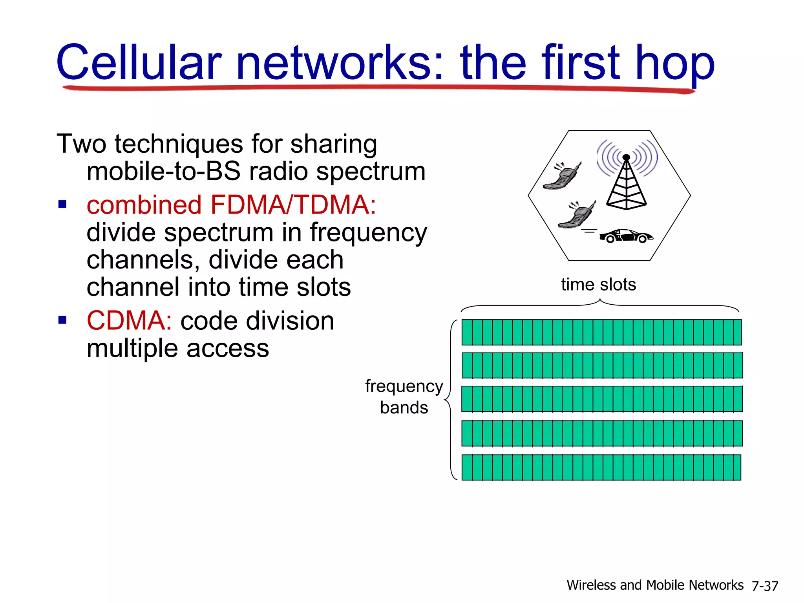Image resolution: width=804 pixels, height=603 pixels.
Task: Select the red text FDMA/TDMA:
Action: click(x=293, y=205)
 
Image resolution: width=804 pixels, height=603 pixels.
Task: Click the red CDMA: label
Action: click(x=129, y=321)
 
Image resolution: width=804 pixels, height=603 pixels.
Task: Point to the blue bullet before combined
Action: click(x=62, y=205)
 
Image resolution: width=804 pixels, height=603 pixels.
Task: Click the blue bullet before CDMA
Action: click(x=62, y=320)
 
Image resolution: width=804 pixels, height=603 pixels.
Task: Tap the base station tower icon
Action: click(x=627, y=183)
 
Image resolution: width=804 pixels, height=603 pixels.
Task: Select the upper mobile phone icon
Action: click(x=562, y=176)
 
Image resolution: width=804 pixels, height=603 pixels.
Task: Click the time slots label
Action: click(x=598, y=284)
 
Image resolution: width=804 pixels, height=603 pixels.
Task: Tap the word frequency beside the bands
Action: click(x=404, y=386)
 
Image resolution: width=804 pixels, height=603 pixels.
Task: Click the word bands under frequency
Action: click(x=404, y=407)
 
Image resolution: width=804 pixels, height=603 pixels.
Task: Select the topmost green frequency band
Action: click(x=601, y=333)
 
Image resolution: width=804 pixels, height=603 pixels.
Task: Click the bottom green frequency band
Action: click(x=601, y=467)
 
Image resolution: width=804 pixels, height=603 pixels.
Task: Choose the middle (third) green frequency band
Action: click(x=601, y=399)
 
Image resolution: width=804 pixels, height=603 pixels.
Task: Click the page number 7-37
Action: click(x=765, y=586)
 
